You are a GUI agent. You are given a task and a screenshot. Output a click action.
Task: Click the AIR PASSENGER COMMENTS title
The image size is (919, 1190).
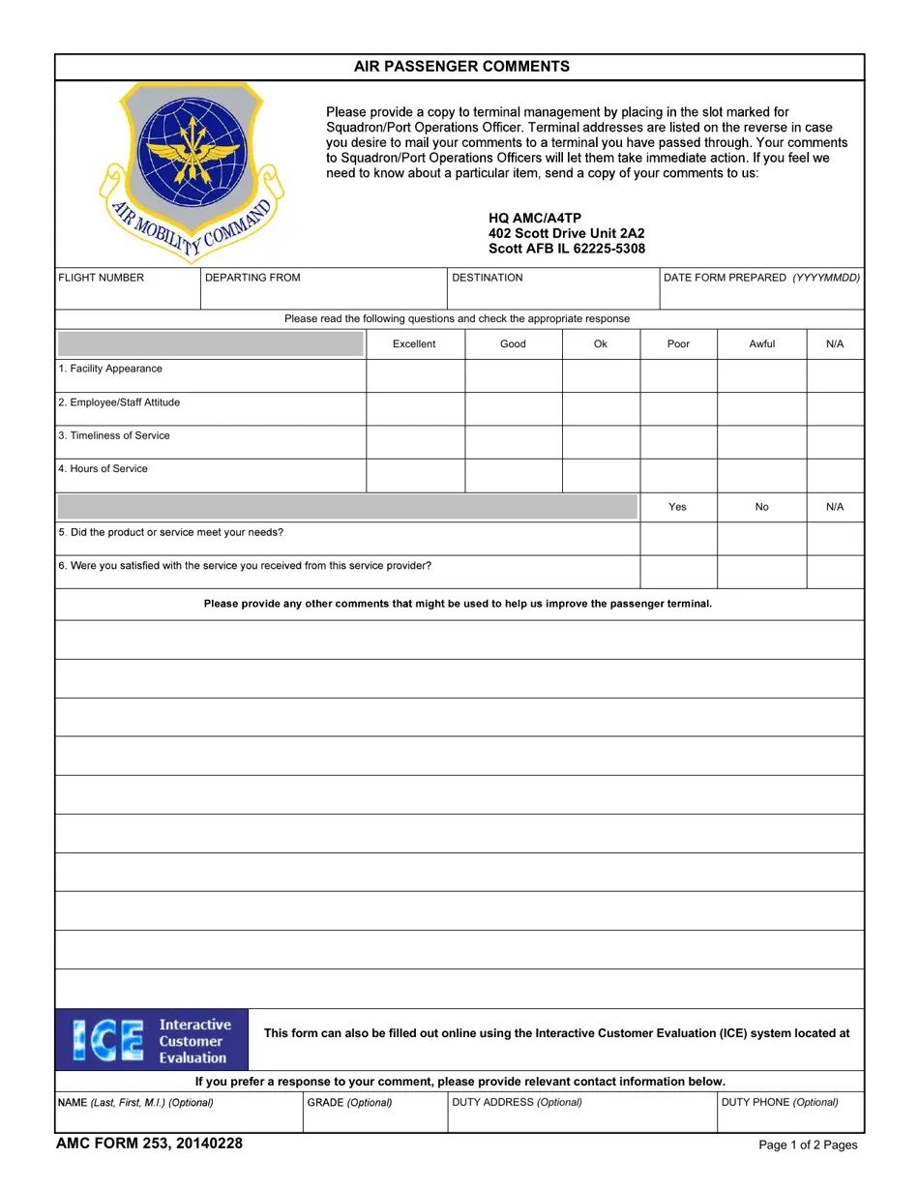[x=460, y=67]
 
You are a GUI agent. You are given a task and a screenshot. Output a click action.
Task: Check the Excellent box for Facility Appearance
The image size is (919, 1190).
[x=415, y=375]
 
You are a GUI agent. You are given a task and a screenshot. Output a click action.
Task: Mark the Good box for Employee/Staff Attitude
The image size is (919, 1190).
[x=513, y=408]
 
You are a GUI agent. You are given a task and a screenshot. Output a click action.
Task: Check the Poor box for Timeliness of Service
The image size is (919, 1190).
[x=678, y=442]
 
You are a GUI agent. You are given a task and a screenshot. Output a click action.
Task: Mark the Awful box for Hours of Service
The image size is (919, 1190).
[x=761, y=475]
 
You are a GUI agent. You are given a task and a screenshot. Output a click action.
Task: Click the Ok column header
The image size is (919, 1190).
[x=601, y=343]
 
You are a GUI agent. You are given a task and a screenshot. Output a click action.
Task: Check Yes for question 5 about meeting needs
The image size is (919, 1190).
[x=678, y=539]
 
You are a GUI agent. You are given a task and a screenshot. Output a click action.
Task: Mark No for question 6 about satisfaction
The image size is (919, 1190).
[x=761, y=572]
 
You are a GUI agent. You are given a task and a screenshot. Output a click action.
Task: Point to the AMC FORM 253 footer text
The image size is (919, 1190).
[x=149, y=1144]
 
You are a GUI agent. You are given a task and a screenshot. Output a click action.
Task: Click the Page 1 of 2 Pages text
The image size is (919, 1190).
[x=808, y=1145]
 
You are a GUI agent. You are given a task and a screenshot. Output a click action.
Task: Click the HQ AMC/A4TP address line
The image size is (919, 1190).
[x=535, y=218]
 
